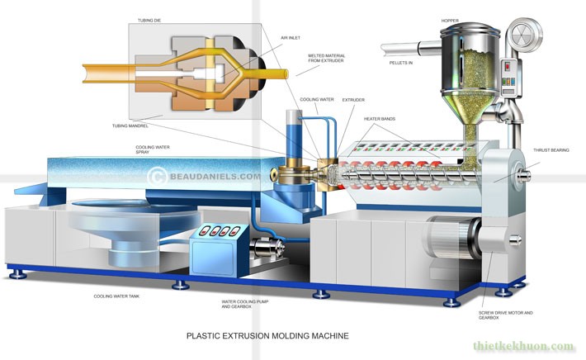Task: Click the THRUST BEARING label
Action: (548, 150)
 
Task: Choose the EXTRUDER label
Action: (353, 100)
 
